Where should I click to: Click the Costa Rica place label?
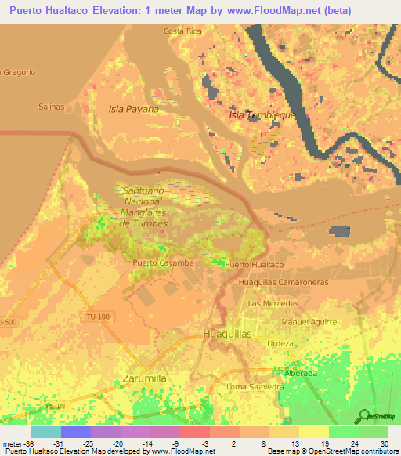(x=182, y=31)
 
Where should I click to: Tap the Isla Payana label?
(x=133, y=109)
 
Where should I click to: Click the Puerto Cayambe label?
(x=163, y=262)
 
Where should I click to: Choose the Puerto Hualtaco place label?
(x=254, y=266)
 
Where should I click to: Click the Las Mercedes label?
(x=273, y=303)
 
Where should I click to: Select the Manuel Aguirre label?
(x=309, y=322)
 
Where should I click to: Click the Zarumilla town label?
(x=145, y=378)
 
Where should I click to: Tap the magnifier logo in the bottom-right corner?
(x=364, y=415)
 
